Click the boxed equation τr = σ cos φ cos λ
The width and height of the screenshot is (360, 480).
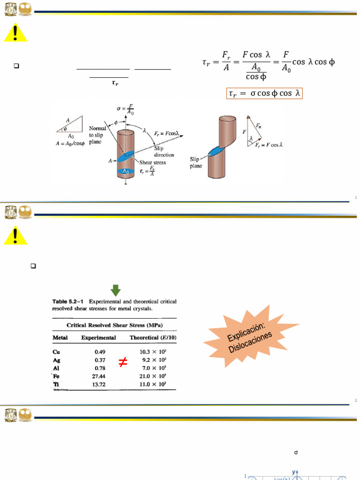click(264, 94)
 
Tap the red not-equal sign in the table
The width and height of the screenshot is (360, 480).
click(123, 362)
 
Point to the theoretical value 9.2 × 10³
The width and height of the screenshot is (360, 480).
click(154, 360)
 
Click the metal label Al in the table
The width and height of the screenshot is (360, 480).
click(56, 368)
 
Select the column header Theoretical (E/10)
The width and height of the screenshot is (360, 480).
click(153, 337)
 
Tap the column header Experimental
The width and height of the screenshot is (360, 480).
click(98, 337)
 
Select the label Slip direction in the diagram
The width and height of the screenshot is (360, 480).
click(164, 151)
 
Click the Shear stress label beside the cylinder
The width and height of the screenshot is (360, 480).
click(152, 162)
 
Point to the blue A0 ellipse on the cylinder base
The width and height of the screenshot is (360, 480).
click(126, 172)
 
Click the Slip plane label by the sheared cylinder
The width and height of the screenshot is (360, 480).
click(196, 163)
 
